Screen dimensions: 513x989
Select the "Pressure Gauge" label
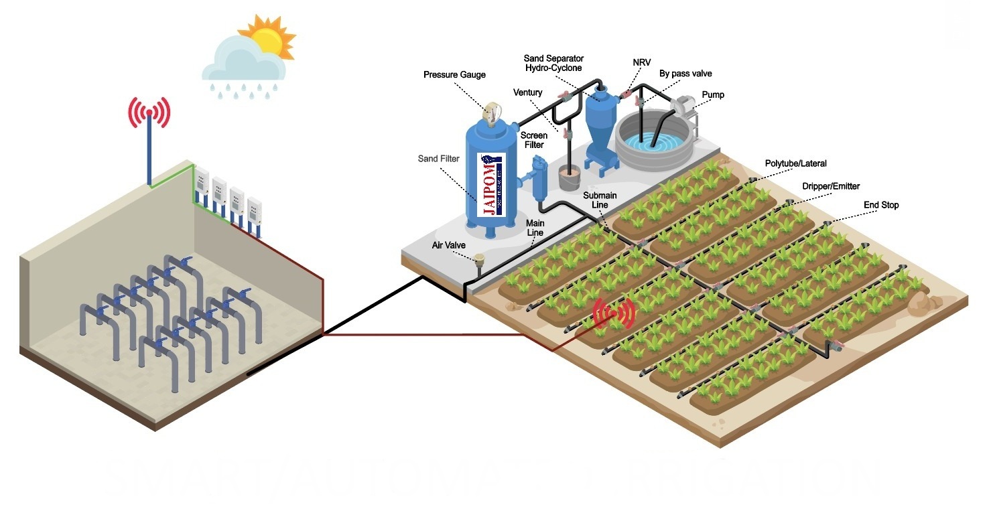[454, 74]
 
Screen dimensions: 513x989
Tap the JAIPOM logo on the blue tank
[492, 184]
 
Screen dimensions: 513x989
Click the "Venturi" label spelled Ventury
[528, 92]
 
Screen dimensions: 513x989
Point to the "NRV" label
[641, 62]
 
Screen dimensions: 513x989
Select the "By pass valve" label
[685, 74]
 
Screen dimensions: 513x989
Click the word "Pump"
[713, 94]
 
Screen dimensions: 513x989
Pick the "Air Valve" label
[448, 246]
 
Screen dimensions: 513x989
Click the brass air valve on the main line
[479, 259]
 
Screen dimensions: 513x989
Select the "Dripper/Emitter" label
[831, 186]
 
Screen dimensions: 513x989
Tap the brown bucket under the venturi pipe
[569, 177]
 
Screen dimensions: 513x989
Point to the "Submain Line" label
[599, 200]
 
